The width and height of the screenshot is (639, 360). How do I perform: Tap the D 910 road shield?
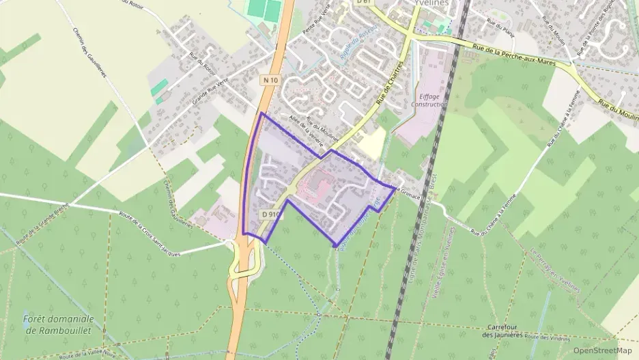tap(271, 214)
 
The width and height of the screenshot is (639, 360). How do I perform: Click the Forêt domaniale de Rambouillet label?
tap(58, 324)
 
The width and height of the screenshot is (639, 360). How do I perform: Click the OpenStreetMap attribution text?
tap(603, 350)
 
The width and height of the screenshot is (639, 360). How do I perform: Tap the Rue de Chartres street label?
tap(390, 95)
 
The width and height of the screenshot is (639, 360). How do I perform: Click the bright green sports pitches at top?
tap(265, 10)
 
